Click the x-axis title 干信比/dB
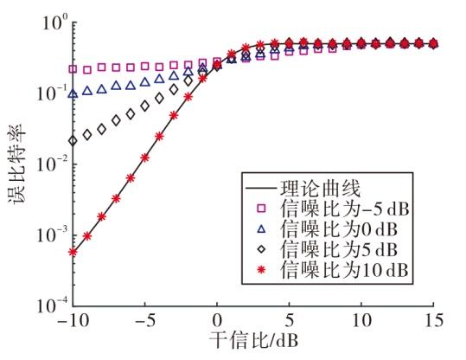pyautogui.click(x=254, y=340)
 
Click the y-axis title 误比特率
pyautogui.click(x=17, y=164)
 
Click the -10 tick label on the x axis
pyautogui.click(x=73, y=321)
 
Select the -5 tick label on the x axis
pyautogui.click(x=144, y=321)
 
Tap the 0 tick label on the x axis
pyautogui.click(x=217, y=321)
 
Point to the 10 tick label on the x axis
pyautogui.click(x=361, y=321)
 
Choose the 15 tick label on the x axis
pyautogui.click(x=434, y=321)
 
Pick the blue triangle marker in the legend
pyautogui.click(x=261, y=228)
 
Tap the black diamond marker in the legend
pyautogui.click(x=261, y=248)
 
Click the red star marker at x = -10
pyautogui.click(x=73, y=252)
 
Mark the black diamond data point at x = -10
pyautogui.click(x=73, y=140)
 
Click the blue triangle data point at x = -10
pyautogui.click(x=73, y=94)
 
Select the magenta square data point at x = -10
pyautogui.click(x=73, y=69)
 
